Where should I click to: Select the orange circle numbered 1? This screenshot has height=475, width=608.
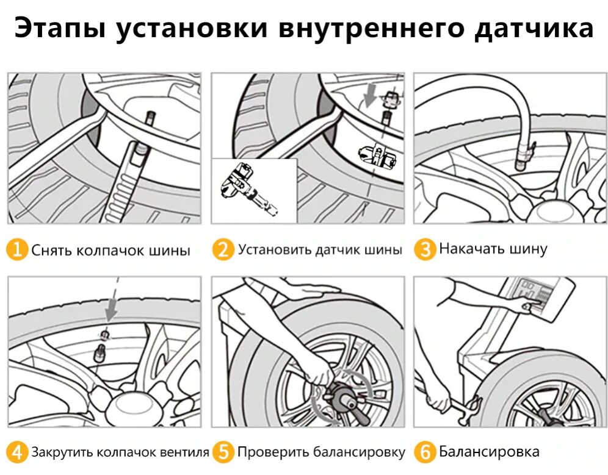(18, 250)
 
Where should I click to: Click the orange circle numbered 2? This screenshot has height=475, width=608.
(223, 250)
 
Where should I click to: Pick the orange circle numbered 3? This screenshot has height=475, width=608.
(425, 249)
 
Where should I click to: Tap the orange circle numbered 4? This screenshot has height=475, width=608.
(18, 452)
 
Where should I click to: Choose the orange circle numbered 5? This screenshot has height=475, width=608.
(223, 452)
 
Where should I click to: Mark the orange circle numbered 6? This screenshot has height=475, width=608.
(425, 452)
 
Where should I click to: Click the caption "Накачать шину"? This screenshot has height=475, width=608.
(493, 249)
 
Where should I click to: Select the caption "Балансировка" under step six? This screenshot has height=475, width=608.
(489, 452)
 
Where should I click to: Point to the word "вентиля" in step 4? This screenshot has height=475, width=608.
(185, 452)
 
